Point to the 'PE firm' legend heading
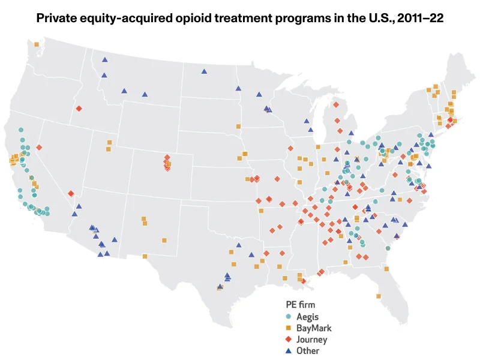point(300,305)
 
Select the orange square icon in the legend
point(289,328)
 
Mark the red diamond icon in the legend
point(289,340)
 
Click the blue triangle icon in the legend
point(289,351)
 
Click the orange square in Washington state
point(37,44)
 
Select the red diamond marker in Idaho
point(79,109)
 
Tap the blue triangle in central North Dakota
point(203,71)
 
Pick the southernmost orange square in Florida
point(379,296)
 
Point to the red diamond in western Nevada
point(39,147)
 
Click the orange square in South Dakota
point(238,127)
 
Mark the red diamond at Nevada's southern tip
point(71,193)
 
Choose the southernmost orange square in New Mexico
point(145,256)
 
